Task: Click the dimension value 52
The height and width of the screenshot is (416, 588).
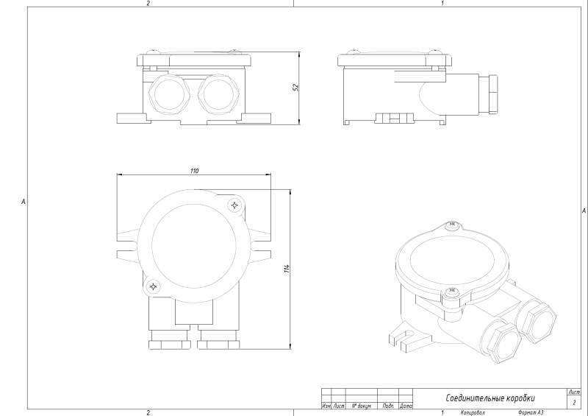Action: (295, 87)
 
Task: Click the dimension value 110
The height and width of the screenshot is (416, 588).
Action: (194, 170)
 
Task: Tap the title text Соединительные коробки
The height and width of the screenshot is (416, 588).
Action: (490, 398)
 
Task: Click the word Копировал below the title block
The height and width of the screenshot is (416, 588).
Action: (473, 413)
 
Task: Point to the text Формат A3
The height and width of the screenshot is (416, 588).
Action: (531, 413)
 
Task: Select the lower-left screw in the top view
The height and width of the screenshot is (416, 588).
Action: (153, 286)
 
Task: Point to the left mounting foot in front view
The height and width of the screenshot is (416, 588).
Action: (131, 118)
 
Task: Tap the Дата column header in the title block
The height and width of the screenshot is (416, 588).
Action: (406, 406)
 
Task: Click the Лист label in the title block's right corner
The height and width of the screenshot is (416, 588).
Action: (574, 392)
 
